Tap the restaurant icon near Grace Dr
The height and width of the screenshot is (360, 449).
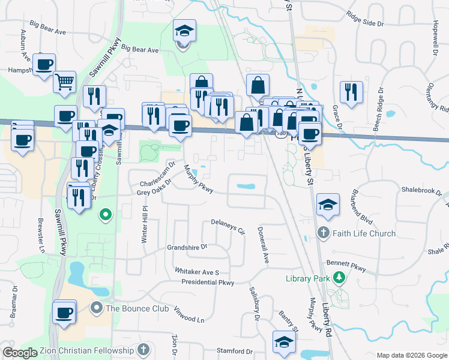coord(351,92)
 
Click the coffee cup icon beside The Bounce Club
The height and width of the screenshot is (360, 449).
coord(64,312)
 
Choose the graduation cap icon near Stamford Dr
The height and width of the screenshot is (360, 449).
coord(284,342)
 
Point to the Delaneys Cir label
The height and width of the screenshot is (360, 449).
coord(229,226)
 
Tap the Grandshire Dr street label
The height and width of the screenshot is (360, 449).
coord(187,247)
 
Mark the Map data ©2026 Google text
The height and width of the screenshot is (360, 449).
coord(411,355)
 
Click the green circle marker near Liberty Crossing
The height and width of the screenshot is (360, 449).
coord(106,214)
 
